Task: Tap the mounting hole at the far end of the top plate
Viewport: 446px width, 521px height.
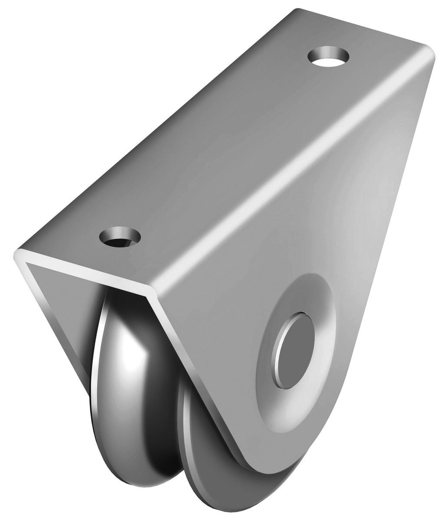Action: point(329,58)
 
